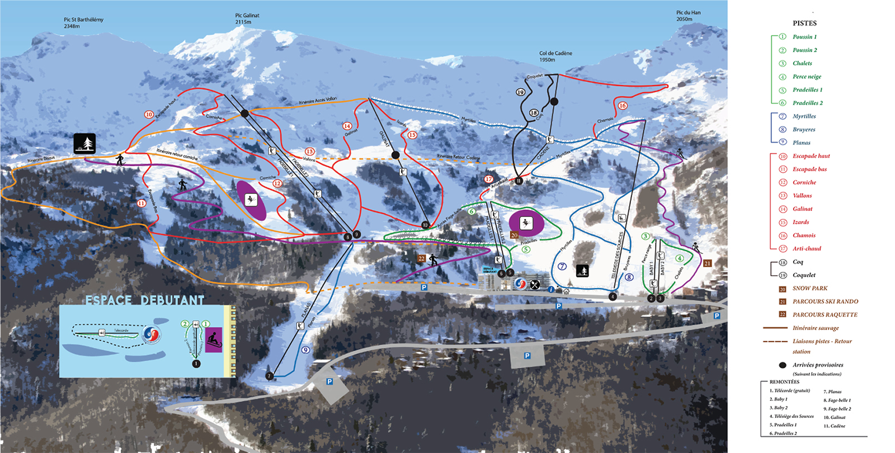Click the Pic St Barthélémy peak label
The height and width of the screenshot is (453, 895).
83,23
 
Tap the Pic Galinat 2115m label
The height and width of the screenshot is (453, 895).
247,19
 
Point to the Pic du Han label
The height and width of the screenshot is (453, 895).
688,16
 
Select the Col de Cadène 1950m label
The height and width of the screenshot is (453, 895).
555,56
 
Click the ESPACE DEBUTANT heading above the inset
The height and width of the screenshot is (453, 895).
145,300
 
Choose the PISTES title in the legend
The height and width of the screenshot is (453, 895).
804,23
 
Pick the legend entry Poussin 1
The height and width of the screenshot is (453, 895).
804,37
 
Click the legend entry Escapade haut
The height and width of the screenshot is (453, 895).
811,156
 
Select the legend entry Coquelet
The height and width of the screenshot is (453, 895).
804,275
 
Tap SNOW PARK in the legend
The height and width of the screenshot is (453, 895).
809,289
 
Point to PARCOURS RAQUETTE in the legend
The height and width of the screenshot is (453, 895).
825,315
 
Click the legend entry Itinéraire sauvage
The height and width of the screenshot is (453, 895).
815,328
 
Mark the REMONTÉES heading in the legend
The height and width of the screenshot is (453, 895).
784,382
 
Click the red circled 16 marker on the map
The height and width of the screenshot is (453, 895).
623,106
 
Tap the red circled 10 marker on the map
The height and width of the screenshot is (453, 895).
149,115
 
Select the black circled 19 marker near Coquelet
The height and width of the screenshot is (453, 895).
520,92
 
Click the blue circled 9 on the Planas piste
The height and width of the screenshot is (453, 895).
305,350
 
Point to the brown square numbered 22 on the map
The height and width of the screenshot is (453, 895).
421,258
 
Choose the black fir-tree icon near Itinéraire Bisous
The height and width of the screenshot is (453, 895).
84,144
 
